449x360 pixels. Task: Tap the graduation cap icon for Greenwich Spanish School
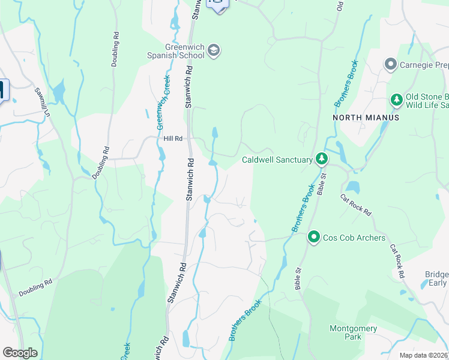(x=214, y=52)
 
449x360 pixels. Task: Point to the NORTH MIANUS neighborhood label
(x=366, y=118)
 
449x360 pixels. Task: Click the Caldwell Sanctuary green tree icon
(x=322, y=159)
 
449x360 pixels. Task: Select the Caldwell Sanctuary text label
(x=277, y=160)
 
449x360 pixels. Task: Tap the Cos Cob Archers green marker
(x=313, y=238)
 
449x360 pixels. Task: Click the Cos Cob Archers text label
(x=354, y=238)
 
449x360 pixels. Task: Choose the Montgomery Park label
(x=353, y=332)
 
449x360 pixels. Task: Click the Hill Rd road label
(x=172, y=139)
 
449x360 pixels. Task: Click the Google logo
(x=20, y=353)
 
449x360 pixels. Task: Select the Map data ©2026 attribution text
(x=423, y=355)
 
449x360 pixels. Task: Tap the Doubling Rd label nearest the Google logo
(x=35, y=287)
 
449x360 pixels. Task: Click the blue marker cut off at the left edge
(x=2, y=91)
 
